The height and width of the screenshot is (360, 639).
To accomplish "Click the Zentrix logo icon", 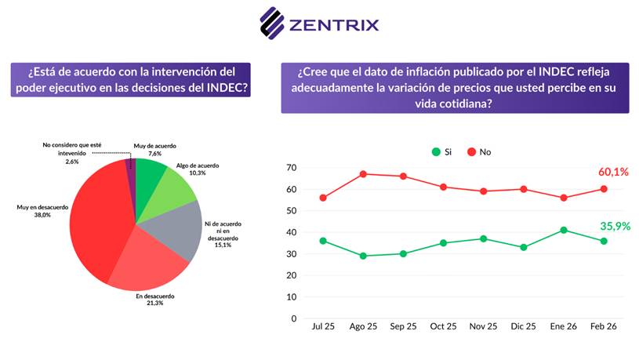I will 272,23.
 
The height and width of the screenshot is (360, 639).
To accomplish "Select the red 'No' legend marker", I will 473,151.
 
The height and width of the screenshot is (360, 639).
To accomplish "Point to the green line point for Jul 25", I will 322,241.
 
